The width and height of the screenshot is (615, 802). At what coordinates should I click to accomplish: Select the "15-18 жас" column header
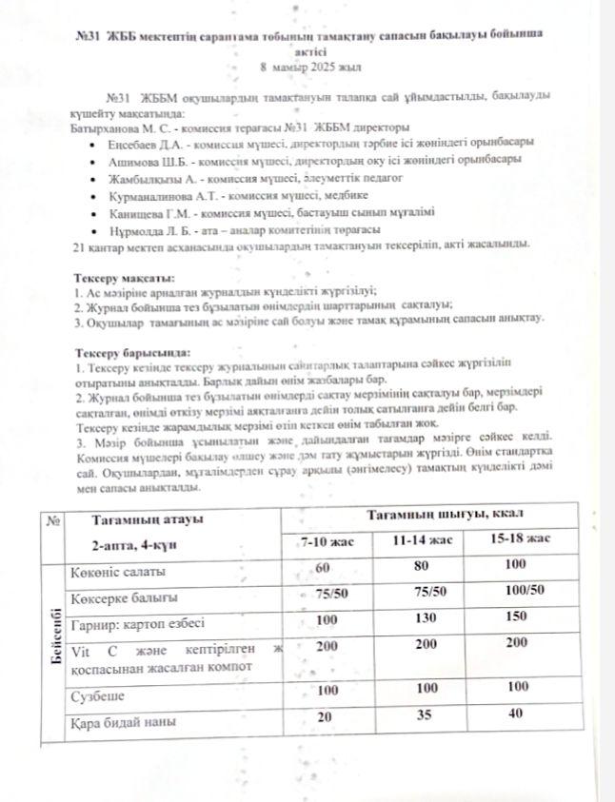click(x=520, y=539)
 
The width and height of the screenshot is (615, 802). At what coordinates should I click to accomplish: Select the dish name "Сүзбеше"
click(x=99, y=696)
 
